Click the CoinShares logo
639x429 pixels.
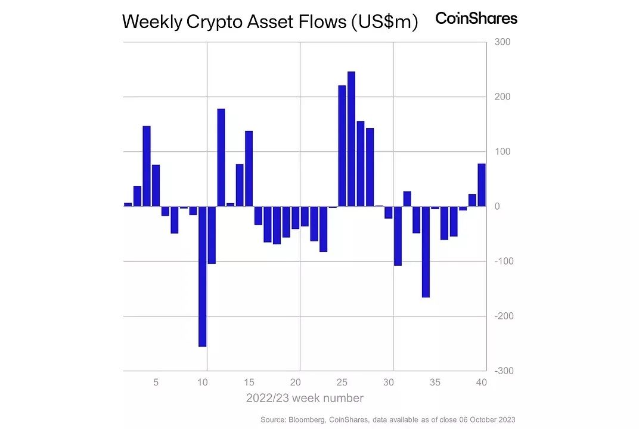point(476,18)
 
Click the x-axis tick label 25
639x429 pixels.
point(342,383)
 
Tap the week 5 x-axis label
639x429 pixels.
point(156,383)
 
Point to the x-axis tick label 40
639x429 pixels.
point(481,383)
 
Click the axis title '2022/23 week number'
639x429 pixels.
point(305,397)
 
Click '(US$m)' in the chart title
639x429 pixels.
point(384,22)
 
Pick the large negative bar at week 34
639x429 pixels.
point(426,251)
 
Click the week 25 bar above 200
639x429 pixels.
point(342,146)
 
